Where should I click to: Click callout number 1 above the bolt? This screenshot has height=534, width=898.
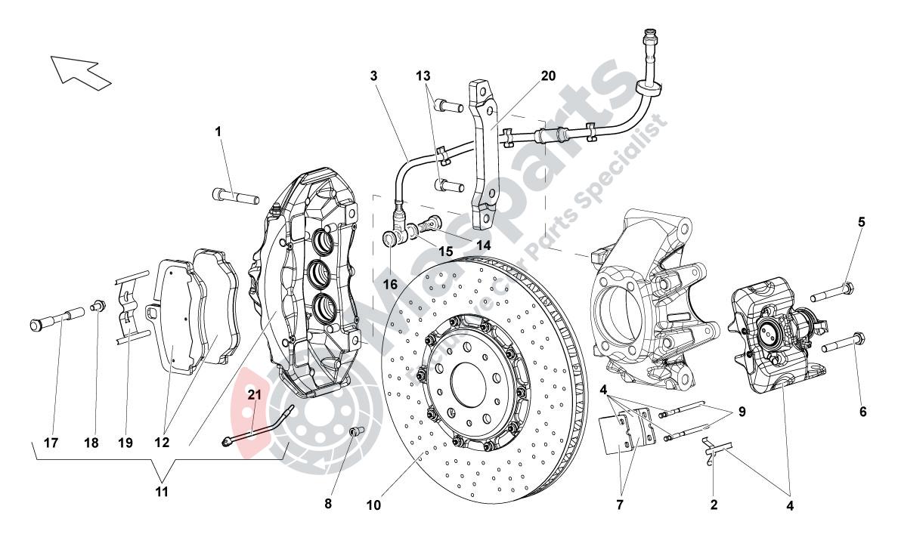tap(218, 131)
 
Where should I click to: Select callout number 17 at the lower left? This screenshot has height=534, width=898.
tap(51, 443)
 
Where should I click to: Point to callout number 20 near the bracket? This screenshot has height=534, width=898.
tap(548, 76)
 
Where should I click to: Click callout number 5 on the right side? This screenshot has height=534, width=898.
tap(861, 222)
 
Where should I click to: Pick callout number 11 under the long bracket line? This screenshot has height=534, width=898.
tap(162, 492)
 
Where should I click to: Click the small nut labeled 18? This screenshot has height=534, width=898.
tap(98, 306)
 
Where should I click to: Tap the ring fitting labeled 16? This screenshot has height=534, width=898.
tap(391, 239)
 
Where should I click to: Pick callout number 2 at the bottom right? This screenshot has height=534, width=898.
tap(714, 503)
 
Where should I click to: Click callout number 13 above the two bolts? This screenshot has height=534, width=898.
tap(423, 76)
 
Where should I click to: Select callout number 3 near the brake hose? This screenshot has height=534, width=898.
tap(373, 76)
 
